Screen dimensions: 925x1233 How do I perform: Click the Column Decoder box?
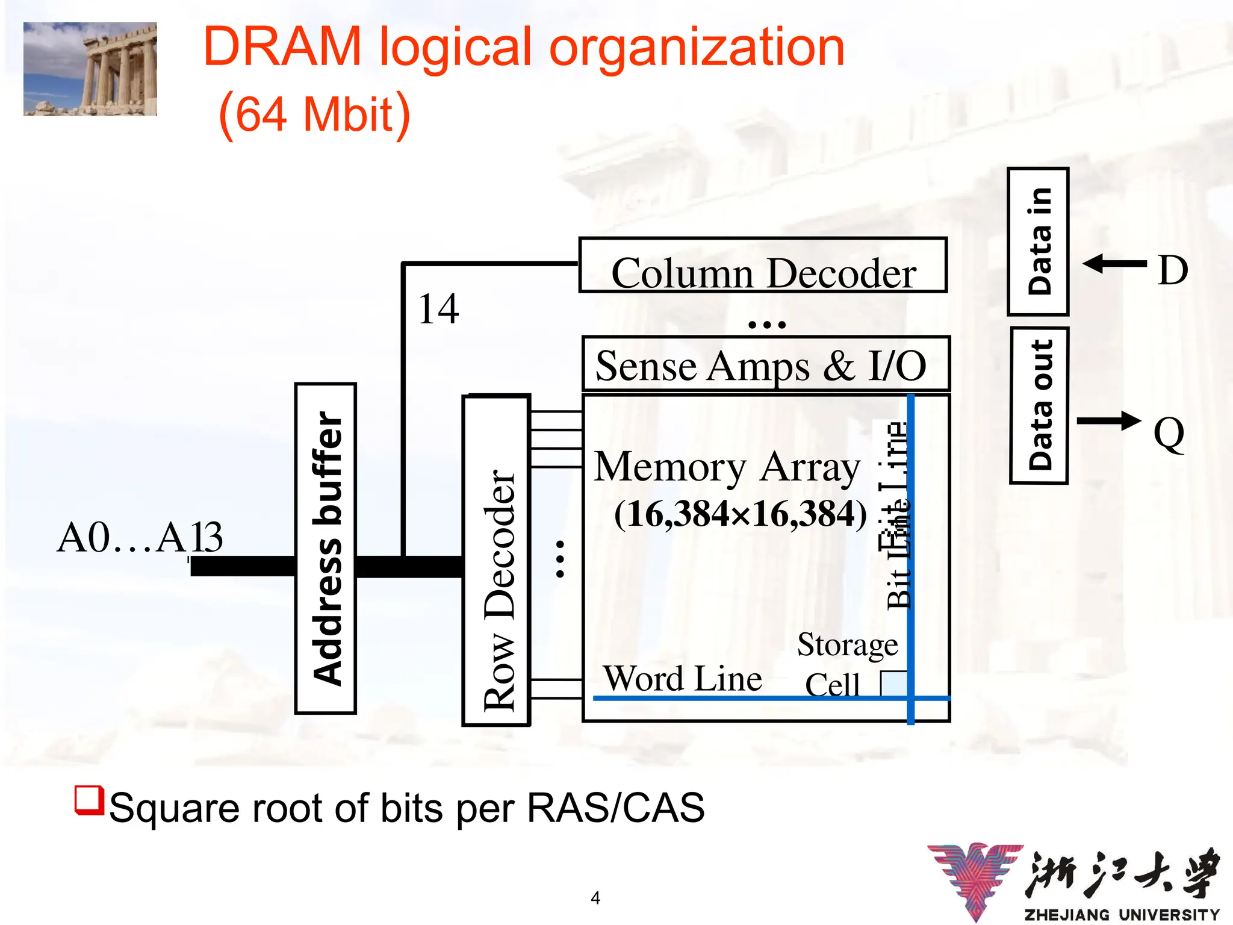(762, 266)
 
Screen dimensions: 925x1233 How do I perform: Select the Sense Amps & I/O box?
(765, 364)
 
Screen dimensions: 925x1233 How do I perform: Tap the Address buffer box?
(326, 548)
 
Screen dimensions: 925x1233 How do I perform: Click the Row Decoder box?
(497, 560)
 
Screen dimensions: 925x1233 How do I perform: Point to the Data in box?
(1038, 241)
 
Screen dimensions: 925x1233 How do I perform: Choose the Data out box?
(1039, 405)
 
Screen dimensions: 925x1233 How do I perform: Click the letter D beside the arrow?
(1172, 270)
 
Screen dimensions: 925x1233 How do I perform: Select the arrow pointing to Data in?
(1114, 264)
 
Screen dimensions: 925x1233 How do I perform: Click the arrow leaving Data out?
(1108, 420)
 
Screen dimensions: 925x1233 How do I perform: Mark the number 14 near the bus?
(438, 309)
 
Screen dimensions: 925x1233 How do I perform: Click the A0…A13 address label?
(140, 537)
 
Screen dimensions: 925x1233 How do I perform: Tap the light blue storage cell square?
(894, 684)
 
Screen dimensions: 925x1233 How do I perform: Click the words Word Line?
(683, 679)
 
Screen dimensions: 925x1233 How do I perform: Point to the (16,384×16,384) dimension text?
(740, 514)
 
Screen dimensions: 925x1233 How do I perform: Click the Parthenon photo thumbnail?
(90, 69)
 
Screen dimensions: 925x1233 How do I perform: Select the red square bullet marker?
(89, 800)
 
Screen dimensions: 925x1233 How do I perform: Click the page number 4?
(595, 898)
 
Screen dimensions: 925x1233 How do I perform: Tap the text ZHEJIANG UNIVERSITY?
(1122, 915)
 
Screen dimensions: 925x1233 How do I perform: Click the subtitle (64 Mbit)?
(314, 114)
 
